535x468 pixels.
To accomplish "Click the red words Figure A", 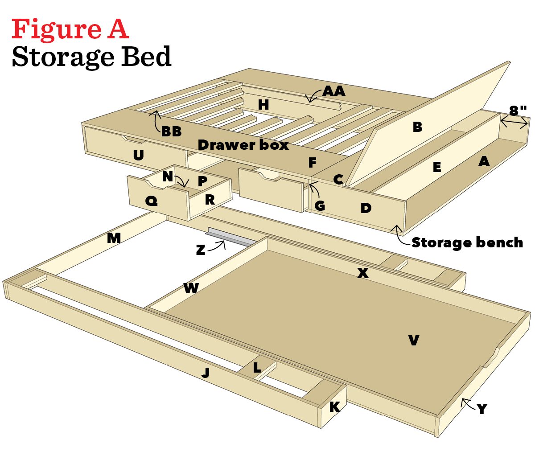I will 70,29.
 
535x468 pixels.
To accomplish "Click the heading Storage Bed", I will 91,57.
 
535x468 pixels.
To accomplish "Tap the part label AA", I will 334,91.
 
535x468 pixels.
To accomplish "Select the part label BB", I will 171,131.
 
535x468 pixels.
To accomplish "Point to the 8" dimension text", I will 518,110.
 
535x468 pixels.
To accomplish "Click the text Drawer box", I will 243,145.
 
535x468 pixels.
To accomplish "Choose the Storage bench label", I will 467,242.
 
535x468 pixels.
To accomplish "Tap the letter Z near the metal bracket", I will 201,250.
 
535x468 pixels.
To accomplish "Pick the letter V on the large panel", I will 414,341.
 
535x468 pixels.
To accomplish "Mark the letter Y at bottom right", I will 481,409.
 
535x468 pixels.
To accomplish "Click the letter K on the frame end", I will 334,406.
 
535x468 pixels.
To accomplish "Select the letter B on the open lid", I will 417,127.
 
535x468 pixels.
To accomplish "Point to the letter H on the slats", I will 263,105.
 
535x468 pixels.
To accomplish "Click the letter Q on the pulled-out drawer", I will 152,201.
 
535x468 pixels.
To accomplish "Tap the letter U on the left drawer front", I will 139,155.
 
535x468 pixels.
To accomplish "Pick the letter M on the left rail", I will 114,238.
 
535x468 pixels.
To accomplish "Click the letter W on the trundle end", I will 191,288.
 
